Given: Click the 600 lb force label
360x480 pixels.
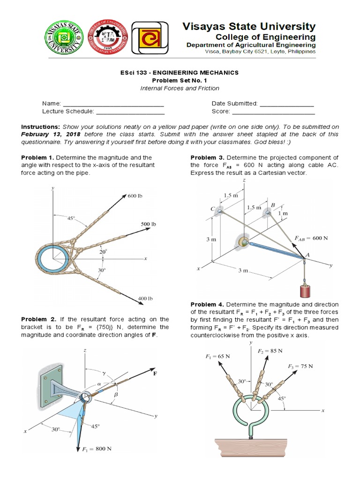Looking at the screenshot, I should click(135, 195).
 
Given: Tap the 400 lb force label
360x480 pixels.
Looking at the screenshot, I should click(146, 298).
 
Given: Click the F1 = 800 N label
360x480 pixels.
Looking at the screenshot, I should click(97, 448).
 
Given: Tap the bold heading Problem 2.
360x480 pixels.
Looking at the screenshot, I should click(38, 319).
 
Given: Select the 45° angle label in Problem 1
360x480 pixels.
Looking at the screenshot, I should click(71, 218).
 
